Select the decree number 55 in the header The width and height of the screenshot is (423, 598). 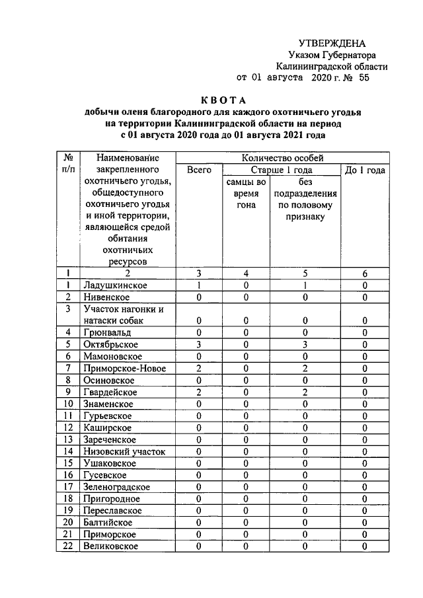pos(364,78)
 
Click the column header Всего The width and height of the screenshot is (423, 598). pos(198,170)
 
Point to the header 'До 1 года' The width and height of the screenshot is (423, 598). pos(365,170)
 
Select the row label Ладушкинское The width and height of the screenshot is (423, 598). pos(116,285)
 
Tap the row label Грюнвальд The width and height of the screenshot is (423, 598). pos(108,332)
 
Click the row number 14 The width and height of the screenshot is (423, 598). pos(67,451)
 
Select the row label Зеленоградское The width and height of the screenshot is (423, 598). pos(116,487)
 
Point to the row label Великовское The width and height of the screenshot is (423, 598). pos(110,546)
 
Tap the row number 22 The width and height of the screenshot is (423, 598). pos(67,546)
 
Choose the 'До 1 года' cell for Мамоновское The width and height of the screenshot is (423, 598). pos(365,356)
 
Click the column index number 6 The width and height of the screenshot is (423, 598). pos(365,273)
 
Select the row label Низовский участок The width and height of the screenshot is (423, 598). pos(124,451)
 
